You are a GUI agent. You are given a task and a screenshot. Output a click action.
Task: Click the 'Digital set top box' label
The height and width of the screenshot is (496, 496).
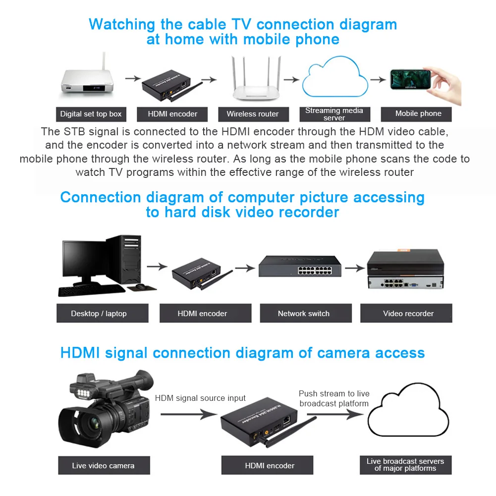[91, 114]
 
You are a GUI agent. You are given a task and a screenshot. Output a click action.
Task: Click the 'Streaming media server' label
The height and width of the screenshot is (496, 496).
[334, 114]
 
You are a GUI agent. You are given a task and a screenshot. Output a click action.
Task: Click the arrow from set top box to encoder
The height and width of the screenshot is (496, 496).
[133, 78]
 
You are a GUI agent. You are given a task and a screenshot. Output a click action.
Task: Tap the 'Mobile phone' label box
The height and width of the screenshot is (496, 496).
[418, 113]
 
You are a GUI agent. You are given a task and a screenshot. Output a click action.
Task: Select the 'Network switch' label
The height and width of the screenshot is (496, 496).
[303, 313]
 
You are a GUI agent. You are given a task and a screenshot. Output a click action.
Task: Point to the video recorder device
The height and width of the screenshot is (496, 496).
[405, 270]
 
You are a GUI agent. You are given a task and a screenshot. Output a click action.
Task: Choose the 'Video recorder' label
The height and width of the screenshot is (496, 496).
[408, 313]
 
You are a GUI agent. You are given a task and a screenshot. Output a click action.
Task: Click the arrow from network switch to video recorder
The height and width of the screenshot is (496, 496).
[355, 268]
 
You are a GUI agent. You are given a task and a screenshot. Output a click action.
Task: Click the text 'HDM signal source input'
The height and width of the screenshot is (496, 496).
[200, 398]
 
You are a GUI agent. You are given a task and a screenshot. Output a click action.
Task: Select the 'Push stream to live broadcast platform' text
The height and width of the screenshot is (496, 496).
[334, 398]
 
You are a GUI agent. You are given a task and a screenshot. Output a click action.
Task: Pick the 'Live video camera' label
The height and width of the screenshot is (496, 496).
[103, 465]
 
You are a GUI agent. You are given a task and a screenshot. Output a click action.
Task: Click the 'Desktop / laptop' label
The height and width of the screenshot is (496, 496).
[99, 313]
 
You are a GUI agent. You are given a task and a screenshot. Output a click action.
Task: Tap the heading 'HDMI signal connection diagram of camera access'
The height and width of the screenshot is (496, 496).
[242, 353]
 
